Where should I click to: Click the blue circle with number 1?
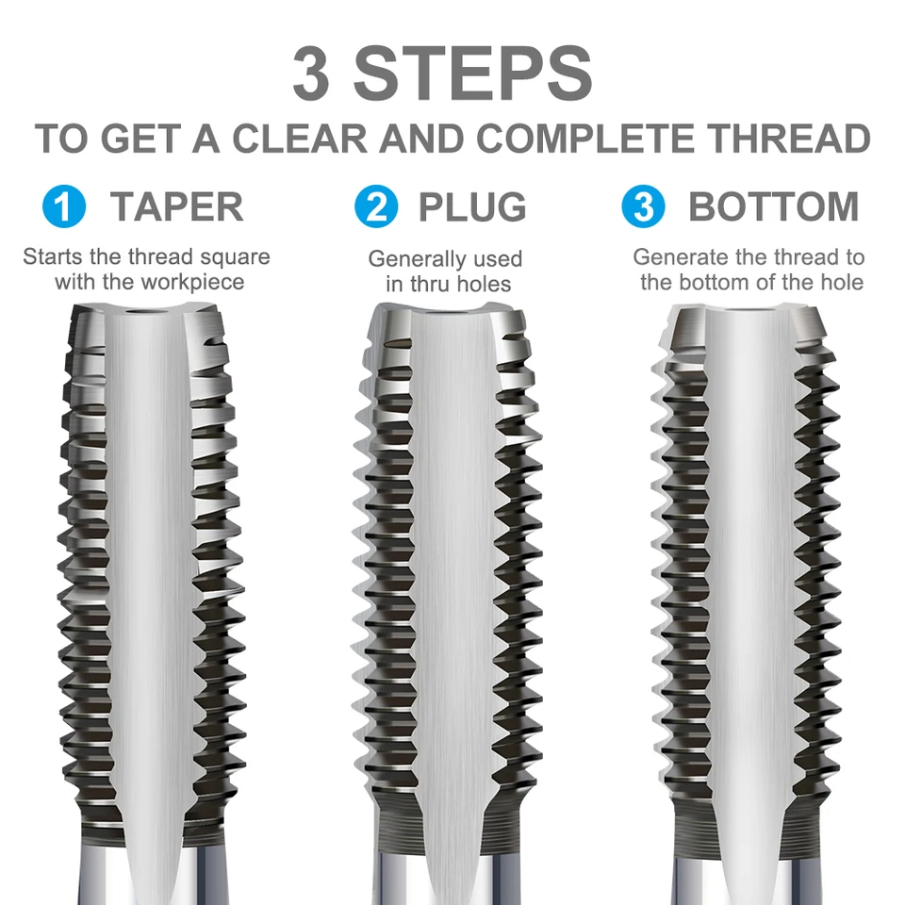pos(64,206)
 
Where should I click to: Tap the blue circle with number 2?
pos(376,206)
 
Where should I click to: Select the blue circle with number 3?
pos(645,206)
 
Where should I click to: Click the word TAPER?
pos(176,206)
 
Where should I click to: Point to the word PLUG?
pos(472,206)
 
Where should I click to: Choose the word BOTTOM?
pos(773,206)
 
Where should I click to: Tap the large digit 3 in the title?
pos(312,75)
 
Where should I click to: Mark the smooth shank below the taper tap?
pos(151,872)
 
